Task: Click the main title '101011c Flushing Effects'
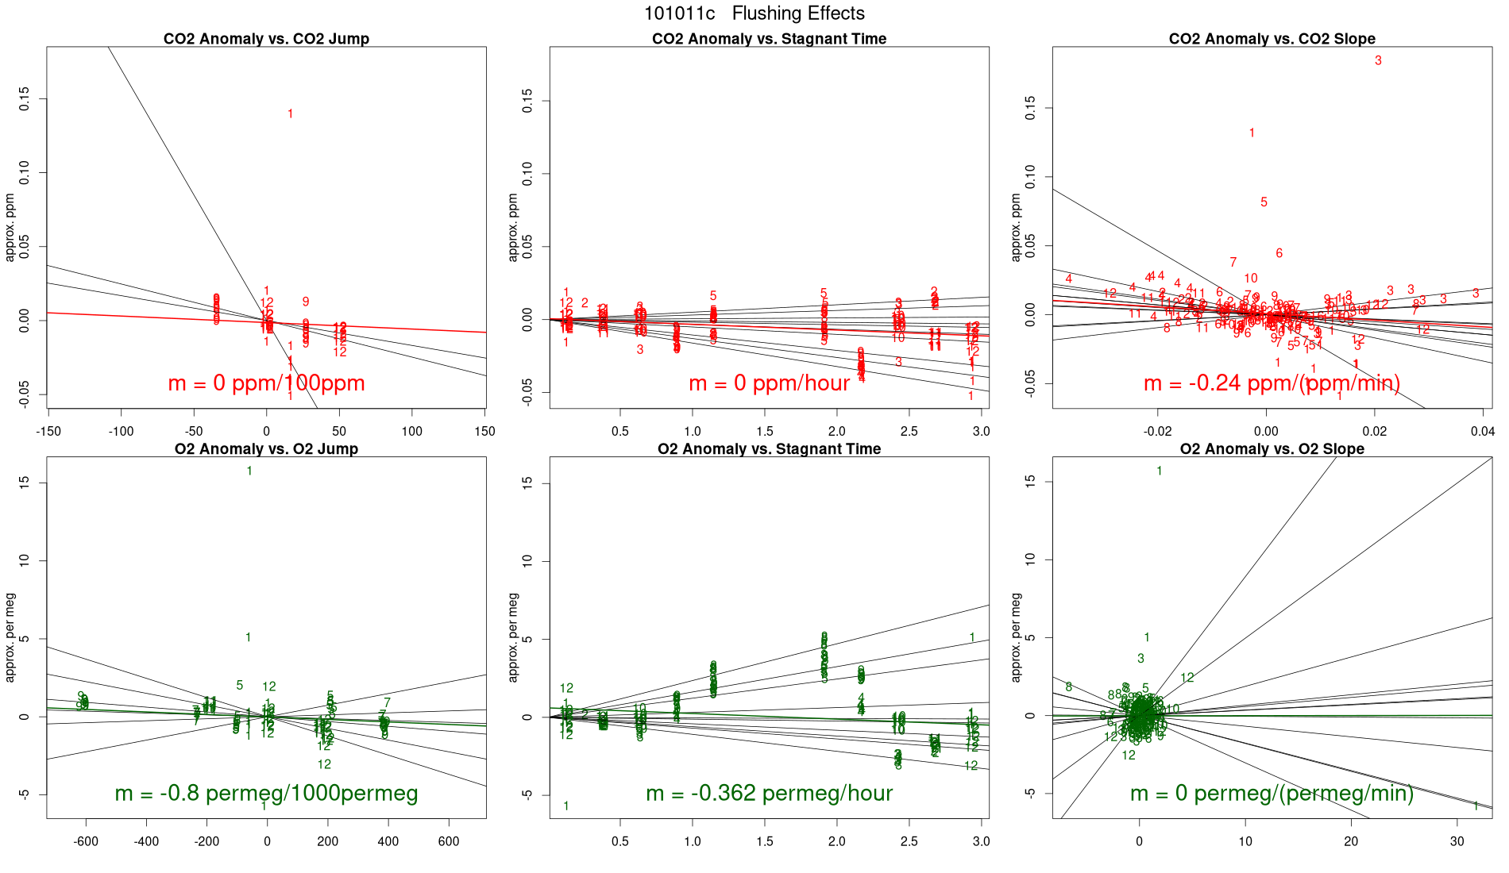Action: coord(754,13)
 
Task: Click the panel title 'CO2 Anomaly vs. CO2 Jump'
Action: coord(266,39)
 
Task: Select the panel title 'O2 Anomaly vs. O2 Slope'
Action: coord(1272,449)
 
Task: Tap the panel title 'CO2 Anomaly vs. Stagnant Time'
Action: coord(769,39)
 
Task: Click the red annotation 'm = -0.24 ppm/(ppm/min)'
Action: coord(1272,383)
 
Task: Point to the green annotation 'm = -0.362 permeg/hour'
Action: coord(769,793)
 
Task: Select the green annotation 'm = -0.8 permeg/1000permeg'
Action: coord(266,793)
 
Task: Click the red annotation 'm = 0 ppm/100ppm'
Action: coord(266,383)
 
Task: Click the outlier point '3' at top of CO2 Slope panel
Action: coord(1378,60)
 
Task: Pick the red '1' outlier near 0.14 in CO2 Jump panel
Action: coord(290,114)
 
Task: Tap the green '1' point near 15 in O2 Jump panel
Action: coord(249,471)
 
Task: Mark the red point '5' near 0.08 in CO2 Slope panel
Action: coord(1264,202)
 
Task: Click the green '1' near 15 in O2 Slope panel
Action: coord(1159,471)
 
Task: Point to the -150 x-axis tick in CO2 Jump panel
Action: coord(48,431)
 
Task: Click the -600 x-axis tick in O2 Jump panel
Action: coord(86,841)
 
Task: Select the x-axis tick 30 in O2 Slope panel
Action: coord(1457,841)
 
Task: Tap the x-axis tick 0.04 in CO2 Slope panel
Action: coord(1482,431)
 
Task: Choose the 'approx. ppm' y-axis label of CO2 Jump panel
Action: coord(10,228)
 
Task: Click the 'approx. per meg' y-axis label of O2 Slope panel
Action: coord(1016,637)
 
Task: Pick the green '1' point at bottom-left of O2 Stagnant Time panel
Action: coord(566,806)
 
